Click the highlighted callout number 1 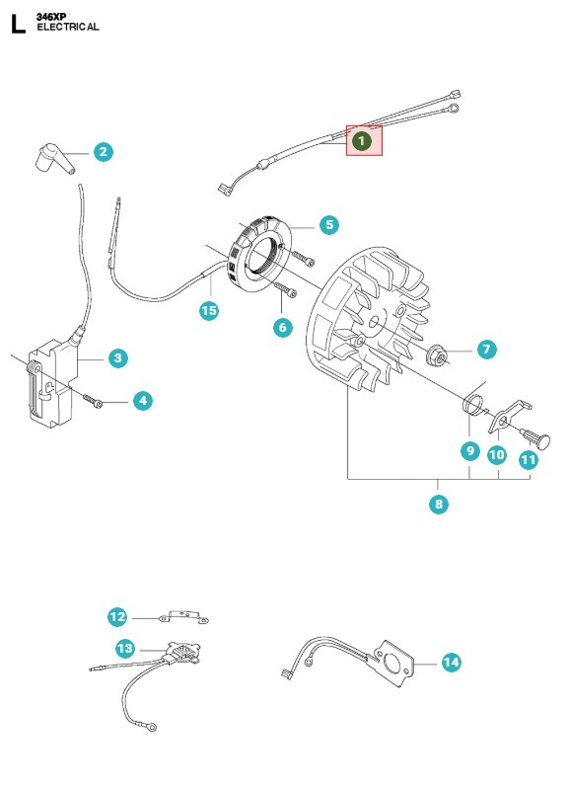coord(362,141)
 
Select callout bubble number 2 coord(104,151)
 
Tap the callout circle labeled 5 coord(328,225)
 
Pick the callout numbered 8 coord(439,504)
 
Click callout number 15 coord(208,311)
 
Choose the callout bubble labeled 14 coord(451,663)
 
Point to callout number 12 coord(118,617)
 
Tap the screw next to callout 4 coord(93,400)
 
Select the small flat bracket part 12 coord(182,618)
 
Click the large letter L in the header coord(17,24)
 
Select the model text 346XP coord(51,17)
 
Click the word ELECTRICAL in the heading coord(68,28)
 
